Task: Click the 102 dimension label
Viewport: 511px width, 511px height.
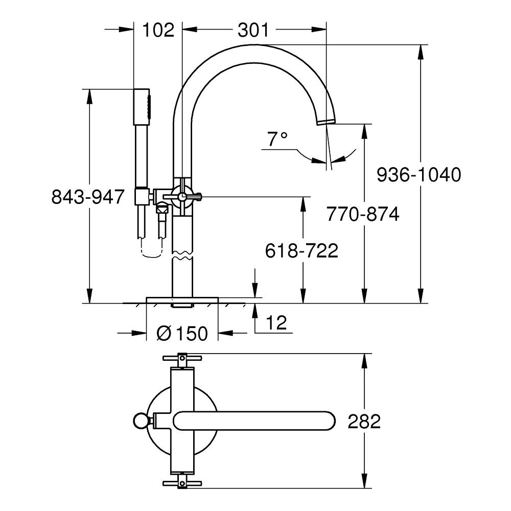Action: tap(158, 30)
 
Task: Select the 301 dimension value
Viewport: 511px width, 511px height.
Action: tap(253, 30)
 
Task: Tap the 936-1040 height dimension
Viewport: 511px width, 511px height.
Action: tap(419, 175)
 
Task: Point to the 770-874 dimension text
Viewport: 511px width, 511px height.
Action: tap(363, 214)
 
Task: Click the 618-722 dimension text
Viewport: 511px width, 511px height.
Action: tap(301, 251)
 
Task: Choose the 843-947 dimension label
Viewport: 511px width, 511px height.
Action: tap(88, 196)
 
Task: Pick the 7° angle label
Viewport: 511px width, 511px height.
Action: tap(277, 138)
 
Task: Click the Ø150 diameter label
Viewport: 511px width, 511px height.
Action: tap(182, 334)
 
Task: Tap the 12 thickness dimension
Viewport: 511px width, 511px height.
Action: tap(276, 322)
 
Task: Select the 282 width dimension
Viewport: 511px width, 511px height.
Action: tap(364, 422)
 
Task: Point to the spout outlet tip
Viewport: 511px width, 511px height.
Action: tap(324, 121)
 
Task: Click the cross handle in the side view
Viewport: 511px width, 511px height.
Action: tap(182, 196)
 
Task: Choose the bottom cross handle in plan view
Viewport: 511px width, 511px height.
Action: tap(182, 483)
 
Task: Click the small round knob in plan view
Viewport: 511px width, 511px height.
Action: tap(140, 421)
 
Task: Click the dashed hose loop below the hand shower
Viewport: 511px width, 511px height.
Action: tap(151, 250)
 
